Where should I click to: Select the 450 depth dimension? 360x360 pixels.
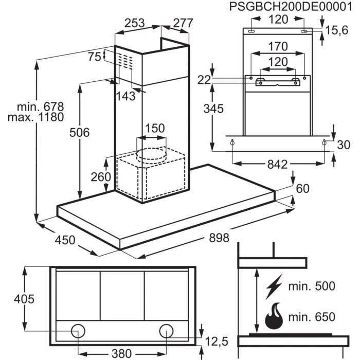pyautogui.click(x=65, y=240)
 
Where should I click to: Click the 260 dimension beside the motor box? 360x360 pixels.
pyautogui.click(x=101, y=177)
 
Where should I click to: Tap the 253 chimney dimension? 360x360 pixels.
pyautogui.click(x=135, y=23)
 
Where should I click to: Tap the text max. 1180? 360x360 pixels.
pyautogui.click(x=35, y=117)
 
